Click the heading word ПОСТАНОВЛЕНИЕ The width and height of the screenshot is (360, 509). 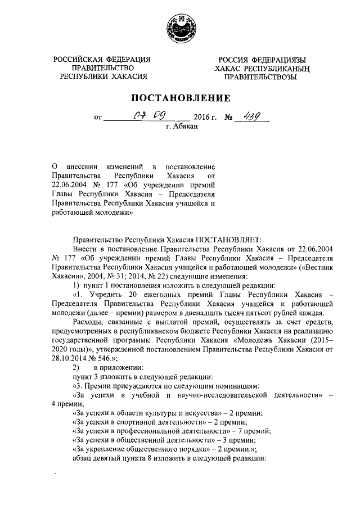click(181, 98)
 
